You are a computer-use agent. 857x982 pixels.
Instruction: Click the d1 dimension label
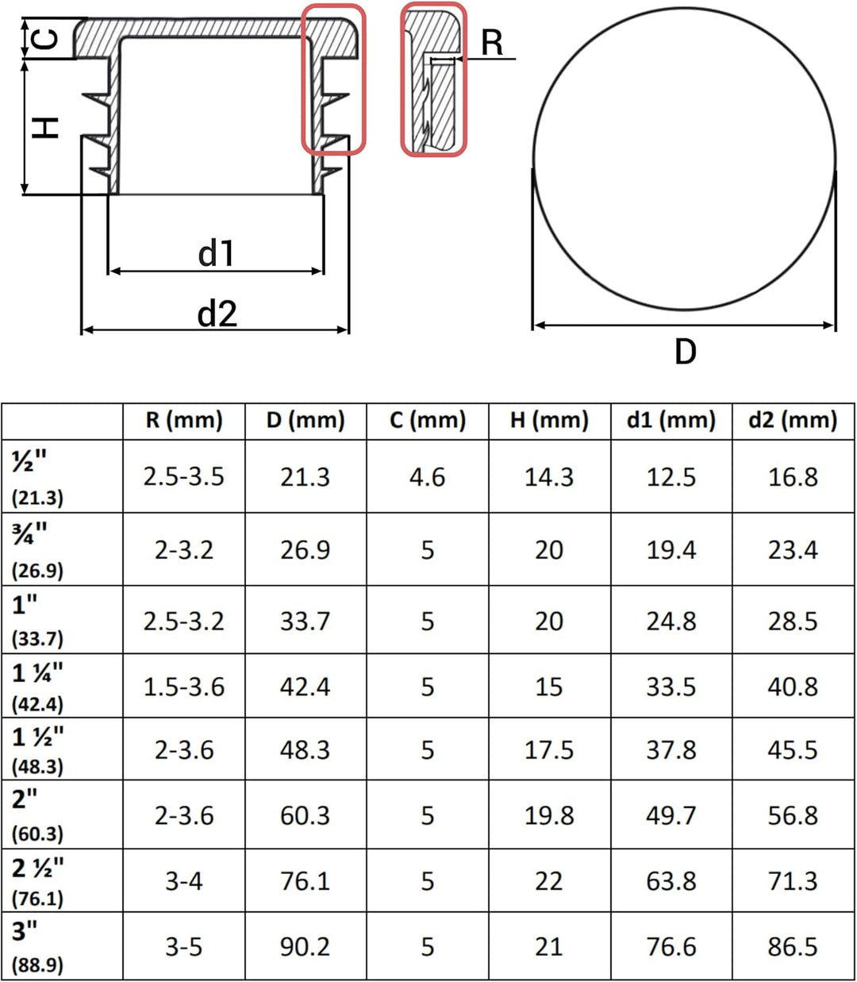pos(216,253)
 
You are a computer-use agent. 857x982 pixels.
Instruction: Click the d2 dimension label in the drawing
pos(217,314)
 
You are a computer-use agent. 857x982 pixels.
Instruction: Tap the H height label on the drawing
pos(45,128)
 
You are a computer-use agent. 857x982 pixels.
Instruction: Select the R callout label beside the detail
pos(492,43)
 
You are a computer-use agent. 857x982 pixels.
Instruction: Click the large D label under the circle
pos(686,352)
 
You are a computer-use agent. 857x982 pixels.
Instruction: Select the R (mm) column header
pos(184,420)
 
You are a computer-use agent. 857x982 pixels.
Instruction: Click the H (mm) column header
pos(549,420)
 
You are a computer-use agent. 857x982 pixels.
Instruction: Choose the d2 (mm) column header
pos(793,420)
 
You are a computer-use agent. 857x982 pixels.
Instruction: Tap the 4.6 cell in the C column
pos(427,477)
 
